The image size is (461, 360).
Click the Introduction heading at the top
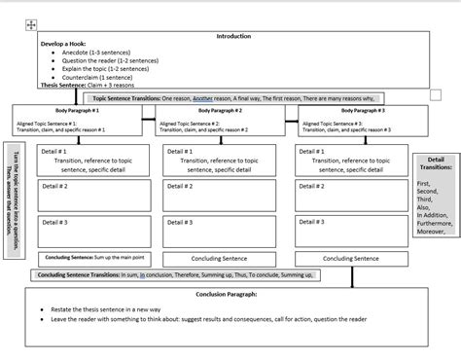point(232,36)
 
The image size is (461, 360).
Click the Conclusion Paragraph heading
point(227,294)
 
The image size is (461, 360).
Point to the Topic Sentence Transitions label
point(125,98)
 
